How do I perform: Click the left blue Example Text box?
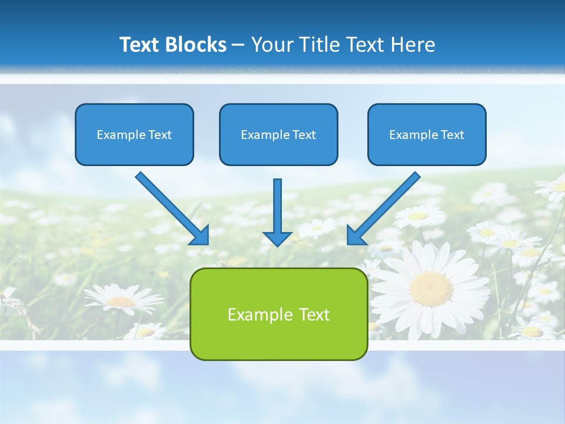coord(134,134)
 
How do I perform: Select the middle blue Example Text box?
coord(278,134)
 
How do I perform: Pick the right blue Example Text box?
coord(427,134)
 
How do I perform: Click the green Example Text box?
coord(278,314)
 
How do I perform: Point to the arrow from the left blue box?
coord(171,207)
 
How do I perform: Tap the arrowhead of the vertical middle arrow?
coord(277,238)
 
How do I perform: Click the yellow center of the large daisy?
coord(431,289)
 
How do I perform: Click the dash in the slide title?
coord(238,45)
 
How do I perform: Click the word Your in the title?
coord(271,45)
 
